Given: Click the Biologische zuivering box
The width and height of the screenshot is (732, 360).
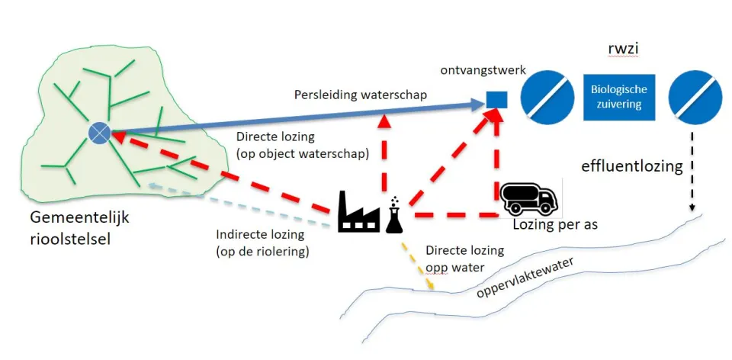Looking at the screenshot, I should [x=618, y=96].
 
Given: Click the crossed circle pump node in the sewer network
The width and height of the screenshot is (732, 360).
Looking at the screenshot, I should [x=100, y=133].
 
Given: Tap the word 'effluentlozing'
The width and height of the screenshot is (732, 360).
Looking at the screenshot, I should [x=632, y=166].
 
